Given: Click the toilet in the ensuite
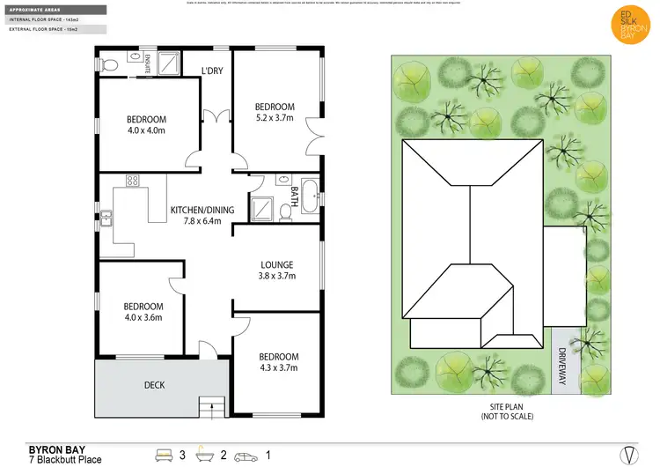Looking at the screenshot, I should click(107, 63).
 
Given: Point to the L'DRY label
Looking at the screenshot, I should click(211, 70).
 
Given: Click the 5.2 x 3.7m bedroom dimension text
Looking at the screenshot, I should click(275, 118).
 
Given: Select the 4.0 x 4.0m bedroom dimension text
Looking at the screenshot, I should click(146, 130).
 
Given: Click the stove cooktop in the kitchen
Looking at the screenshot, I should click(133, 181).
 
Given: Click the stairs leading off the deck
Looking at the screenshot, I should click(212, 406).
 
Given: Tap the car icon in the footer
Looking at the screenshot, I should click(248, 456).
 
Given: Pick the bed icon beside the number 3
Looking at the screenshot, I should click(163, 456).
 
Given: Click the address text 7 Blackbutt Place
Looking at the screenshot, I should click(66, 459).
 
